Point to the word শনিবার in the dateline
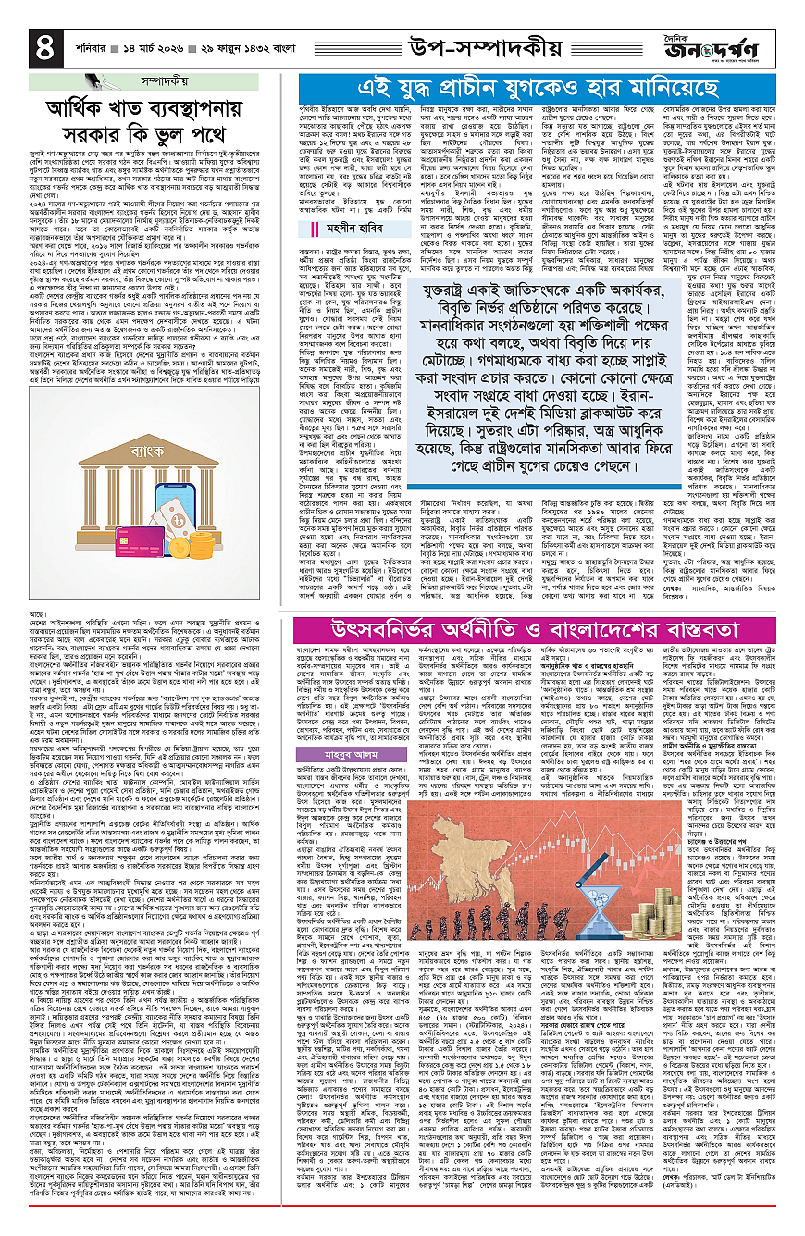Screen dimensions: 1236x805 pos(80,43)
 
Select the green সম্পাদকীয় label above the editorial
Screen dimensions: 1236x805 pos(149,80)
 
